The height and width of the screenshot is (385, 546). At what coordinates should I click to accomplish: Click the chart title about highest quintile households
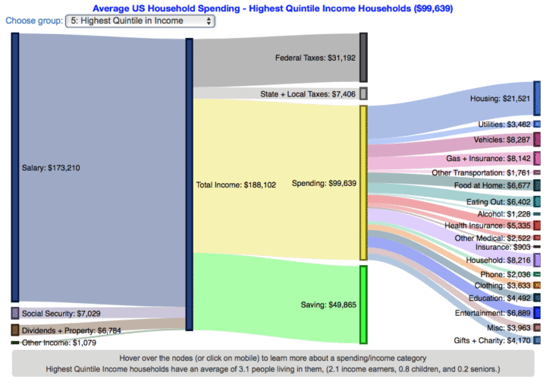pyautogui.click(x=272, y=8)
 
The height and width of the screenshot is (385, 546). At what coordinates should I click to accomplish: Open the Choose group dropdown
pyautogui.click(x=140, y=21)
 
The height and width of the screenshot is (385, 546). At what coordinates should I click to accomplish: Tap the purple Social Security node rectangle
pyautogui.click(x=14, y=313)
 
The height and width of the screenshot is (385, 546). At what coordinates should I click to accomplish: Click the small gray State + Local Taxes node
pyautogui.click(x=363, y=93)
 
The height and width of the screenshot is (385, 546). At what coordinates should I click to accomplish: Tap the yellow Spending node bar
pyautogui.click(x=363, y=182)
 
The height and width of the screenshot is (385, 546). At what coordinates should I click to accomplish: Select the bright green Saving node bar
pyautogui.click(x=363, y=304)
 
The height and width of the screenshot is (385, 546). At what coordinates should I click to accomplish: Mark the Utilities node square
pyautogui.click(x=537, y=124)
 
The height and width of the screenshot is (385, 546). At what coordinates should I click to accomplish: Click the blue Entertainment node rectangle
pyautogui.click(x=537, y=312)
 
